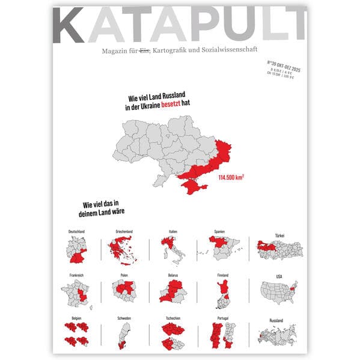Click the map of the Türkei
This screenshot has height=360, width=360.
tap(278, 246)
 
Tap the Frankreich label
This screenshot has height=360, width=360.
tap(76, 275)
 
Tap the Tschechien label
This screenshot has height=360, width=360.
tap(172, 319)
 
